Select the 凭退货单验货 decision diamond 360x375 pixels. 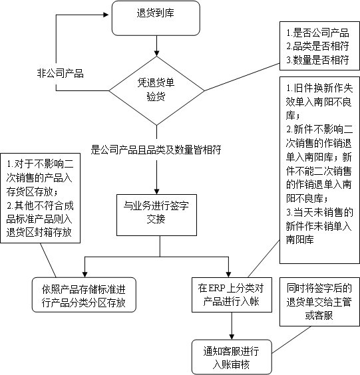pos(156,88)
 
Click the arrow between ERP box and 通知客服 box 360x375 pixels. pos(232,326)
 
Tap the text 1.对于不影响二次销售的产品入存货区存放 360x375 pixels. pos(42,175)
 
